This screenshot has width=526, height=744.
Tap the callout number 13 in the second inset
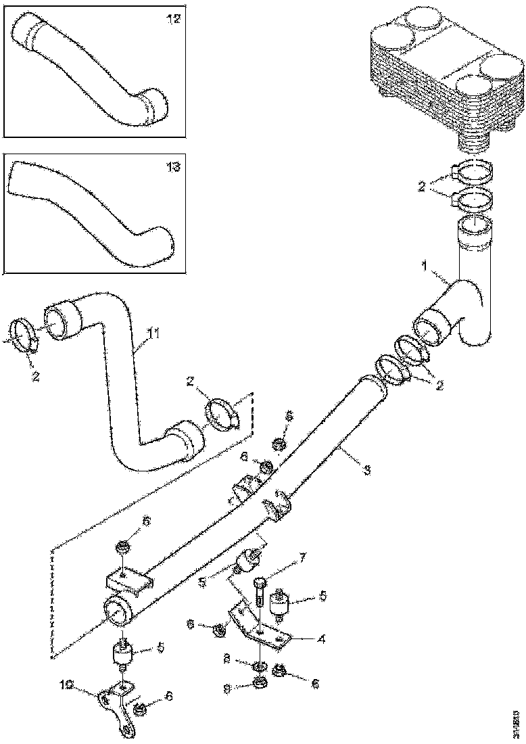click(x=174, y=167)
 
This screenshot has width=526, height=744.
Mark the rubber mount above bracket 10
click(x=122, y=656)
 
